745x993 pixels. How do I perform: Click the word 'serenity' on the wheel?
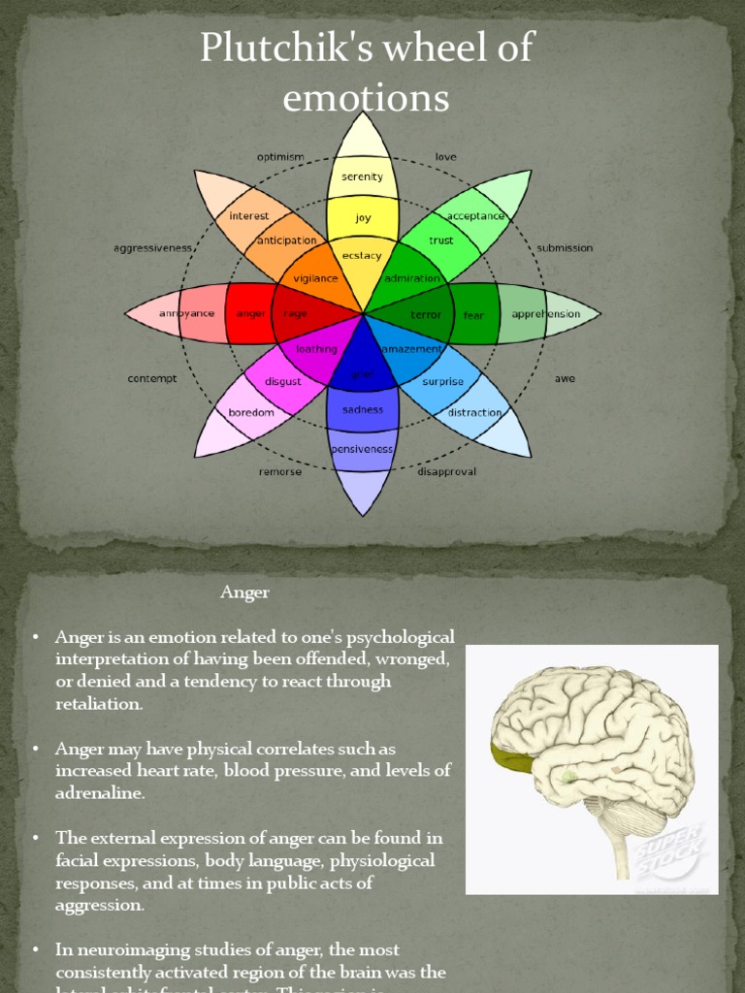point(362,176)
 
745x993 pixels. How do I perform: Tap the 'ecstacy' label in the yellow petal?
point(362,255)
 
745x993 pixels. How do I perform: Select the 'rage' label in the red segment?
point(295,314)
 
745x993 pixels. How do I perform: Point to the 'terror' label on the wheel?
point(425,314)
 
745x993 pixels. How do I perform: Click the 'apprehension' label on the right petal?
point(545,314)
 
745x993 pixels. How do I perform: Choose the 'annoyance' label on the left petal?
point(185,314)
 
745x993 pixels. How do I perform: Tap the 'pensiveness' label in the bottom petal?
point(362,449)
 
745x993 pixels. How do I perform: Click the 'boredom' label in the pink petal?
point(251,412)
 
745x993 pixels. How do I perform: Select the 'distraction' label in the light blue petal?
point(474,412)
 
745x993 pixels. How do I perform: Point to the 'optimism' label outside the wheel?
point(280,157)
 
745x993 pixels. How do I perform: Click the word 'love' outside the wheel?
point(445,157)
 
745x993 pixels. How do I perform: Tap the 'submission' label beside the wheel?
point(565,248)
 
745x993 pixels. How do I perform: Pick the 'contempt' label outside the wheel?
point(152,378)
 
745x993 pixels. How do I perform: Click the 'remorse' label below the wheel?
point(280,472)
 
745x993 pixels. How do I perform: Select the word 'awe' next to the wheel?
point(565,378)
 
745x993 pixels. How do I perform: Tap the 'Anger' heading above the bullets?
point(244,592)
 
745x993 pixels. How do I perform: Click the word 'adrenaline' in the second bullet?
point(100,792)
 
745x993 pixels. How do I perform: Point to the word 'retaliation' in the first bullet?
point(99,703)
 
